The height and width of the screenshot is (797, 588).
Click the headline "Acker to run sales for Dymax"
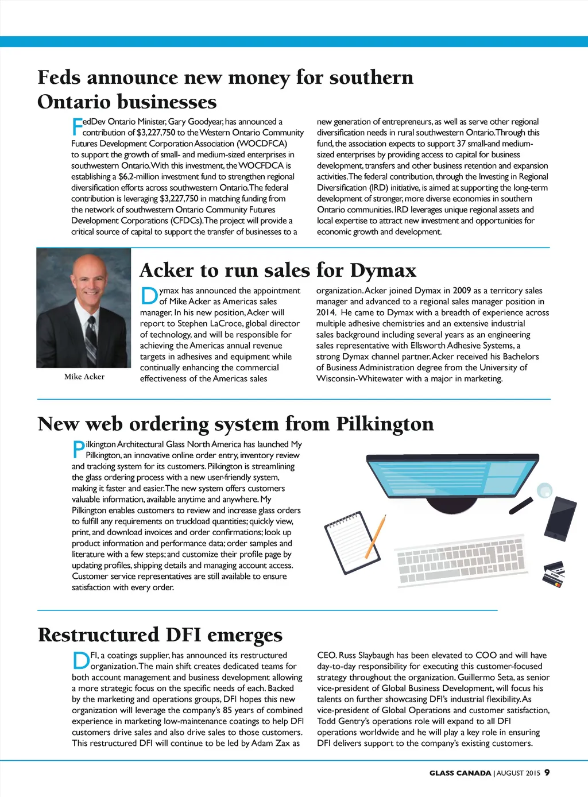(x=278, y=270)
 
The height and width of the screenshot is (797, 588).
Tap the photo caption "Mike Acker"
(x=84, y=377)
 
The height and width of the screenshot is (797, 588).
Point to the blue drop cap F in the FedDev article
(x=76, y=126)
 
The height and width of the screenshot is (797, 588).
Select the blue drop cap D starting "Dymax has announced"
(x=149, y=296)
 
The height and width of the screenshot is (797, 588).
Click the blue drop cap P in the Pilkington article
(x=78, y=449)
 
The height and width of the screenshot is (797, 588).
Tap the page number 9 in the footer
(x=547, y=772)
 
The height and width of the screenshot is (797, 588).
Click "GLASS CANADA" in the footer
(x=460, y=773)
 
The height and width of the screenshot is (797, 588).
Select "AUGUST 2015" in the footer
(x=519, y=773)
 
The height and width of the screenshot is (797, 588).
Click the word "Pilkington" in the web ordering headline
(x=385, y=424)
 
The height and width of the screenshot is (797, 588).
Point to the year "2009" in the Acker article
(x=462, y=291)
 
